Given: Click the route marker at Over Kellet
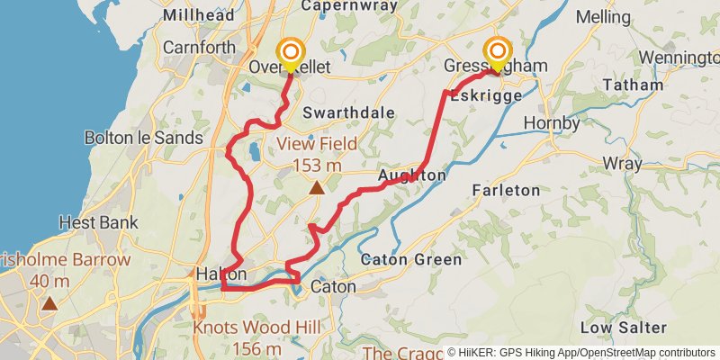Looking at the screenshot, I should [289, 51].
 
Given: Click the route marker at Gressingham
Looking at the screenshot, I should [496, 51].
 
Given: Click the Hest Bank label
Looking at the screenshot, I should [98, 221].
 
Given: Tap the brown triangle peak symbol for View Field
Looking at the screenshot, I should [316, 188].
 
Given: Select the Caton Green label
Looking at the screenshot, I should [410, 260].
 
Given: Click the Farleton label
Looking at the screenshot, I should [506, 190].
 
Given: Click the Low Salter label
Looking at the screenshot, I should [623, 327].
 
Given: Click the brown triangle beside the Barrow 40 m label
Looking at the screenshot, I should [50, 303].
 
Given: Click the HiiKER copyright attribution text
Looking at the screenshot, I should [580, 353].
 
